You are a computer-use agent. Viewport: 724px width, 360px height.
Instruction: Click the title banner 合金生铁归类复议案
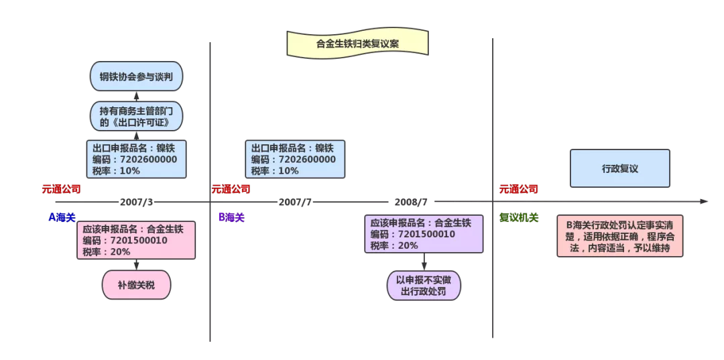click(x=357, y=44)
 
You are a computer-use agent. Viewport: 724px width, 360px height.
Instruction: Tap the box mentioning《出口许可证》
click(x=136, y=116)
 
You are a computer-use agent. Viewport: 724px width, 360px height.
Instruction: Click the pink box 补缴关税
click(x=136, y=285)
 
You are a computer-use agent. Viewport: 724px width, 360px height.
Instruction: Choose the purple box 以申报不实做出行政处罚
click(x=424, y=286)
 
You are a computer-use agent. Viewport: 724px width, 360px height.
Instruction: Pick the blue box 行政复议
click(x=619, y=168)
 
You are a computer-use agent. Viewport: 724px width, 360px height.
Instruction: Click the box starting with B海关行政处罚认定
click(x=619, y=235)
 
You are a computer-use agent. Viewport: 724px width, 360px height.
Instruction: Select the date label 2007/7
click(x=295, y=202)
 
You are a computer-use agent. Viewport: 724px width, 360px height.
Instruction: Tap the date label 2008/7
click(x=411, y=202)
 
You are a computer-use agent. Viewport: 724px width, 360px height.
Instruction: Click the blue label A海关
click(x=62, y=217)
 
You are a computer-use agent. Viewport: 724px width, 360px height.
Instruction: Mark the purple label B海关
click(x=232, y=217)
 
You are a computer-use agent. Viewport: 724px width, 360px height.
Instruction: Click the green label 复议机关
click(x=519, y=218)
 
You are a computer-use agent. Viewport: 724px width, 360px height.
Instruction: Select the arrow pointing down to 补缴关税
click(x=136, y=265)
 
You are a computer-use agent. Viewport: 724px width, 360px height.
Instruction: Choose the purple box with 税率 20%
click(x=424, y=233)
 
